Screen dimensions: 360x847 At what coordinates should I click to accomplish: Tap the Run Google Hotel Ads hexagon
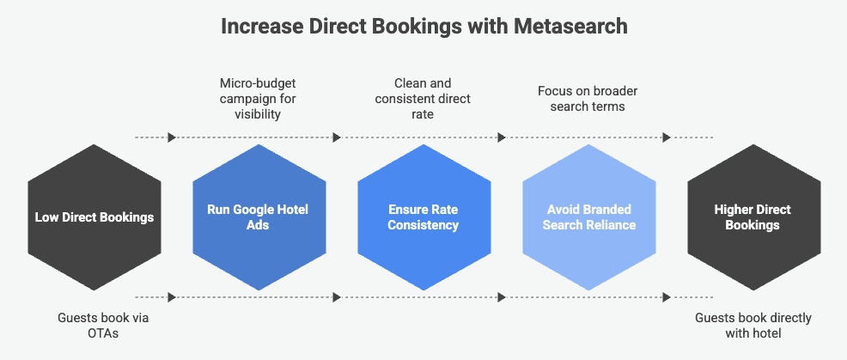(x=259, y=217)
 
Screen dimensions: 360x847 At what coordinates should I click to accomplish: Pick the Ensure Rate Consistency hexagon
(x=423, y=217)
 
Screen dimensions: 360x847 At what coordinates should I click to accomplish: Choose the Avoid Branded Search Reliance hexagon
(x=588, y=217)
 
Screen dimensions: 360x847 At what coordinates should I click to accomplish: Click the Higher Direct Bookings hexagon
(x=753, y=217)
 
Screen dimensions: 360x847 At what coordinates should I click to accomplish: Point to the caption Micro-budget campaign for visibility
(x=259, y=99)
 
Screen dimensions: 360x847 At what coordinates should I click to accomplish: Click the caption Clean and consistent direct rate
(x=423, y=99)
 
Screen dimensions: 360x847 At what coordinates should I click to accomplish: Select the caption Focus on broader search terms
(x=588, y=99)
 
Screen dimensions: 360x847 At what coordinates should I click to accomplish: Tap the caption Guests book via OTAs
(x=94, y=326)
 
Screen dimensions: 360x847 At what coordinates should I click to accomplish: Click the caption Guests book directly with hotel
(x=753, y=326)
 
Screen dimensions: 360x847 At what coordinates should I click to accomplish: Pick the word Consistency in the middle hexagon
(x=423, y=225)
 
